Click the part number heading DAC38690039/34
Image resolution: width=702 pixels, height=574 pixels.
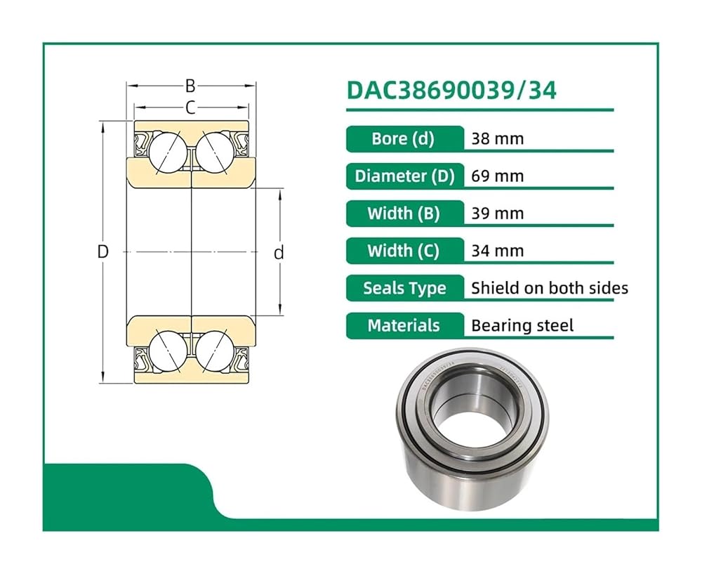[x=451, y=91]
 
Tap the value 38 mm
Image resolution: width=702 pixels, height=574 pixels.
[x=498, y=139]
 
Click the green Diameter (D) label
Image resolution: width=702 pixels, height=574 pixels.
[x=405, y=176]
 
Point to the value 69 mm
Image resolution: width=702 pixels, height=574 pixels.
[x=498, y=176]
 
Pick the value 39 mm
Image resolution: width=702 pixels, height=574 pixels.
[x=498, y=214]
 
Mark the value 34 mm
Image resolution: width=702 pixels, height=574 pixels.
[x=498, y=251]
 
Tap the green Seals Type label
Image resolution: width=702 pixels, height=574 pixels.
[x=405, y=288]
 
